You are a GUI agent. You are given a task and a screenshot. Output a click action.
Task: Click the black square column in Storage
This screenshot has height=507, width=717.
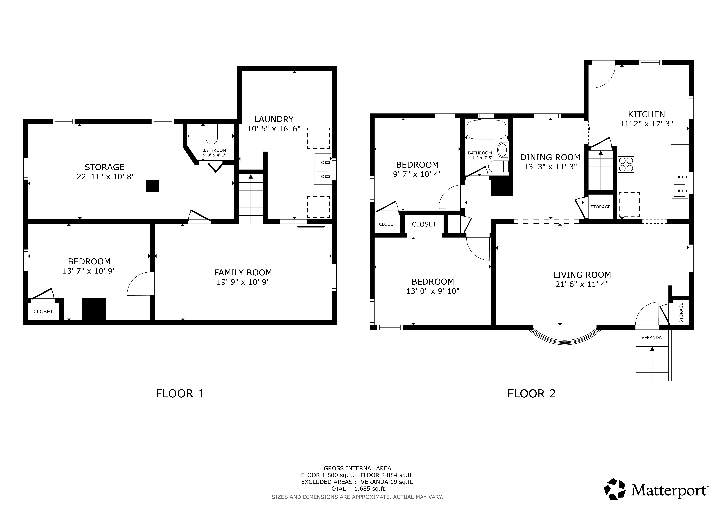(x=152, y=186)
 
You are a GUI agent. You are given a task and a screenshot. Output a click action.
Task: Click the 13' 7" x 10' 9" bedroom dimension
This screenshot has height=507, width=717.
(x=89, y=271)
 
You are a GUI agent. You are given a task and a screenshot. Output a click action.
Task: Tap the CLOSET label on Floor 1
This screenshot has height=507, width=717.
(x=43, y=312)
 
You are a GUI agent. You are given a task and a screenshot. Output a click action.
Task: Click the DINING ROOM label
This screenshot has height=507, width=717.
(x=550, y=157)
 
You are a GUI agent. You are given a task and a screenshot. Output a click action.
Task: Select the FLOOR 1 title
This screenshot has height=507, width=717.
(x=180, y=394)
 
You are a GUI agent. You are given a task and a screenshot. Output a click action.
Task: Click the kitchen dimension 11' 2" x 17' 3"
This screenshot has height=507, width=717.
(x=646, y=124)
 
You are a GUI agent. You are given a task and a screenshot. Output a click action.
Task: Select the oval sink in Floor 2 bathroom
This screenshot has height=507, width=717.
(x=502, y=150)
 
